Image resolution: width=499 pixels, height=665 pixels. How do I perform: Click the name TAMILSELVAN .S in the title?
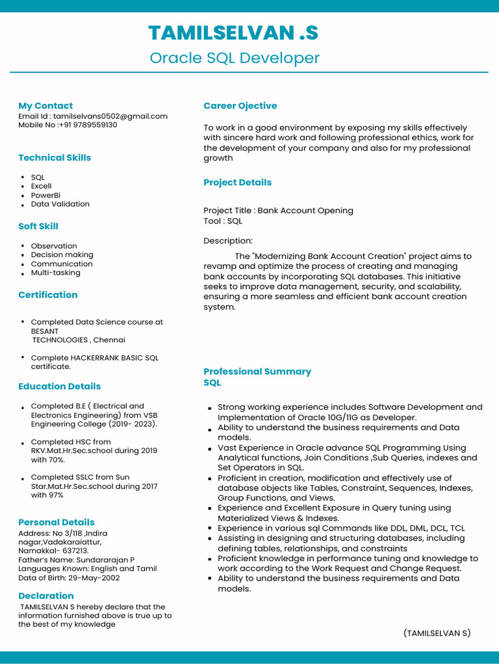pos(234,32)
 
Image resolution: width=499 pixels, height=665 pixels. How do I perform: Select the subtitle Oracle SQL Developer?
pos(235,58)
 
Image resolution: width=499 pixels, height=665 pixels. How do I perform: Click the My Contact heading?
pos(45,106)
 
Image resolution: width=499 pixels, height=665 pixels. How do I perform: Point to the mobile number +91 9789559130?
pos(89,125)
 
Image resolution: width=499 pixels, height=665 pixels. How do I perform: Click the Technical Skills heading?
pos(55,158)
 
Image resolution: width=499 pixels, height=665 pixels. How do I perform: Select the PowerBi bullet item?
pos(45,195)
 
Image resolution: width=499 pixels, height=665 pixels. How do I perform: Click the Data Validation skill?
pos(60,204)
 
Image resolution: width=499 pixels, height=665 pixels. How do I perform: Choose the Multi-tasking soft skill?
pos(56,273)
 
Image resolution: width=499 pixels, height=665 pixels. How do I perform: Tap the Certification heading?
pos(48,295)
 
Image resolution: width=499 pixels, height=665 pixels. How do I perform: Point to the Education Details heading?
pos(60,386)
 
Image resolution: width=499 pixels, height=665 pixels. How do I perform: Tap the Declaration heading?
pos(46,596)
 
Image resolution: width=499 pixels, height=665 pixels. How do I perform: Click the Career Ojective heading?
pos(240,106)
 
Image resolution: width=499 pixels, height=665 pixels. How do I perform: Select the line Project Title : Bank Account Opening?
pos(278,210)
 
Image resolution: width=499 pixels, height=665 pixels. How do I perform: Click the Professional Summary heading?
pos(257,371)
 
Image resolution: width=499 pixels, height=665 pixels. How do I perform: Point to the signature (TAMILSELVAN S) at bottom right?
pos(437,633)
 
